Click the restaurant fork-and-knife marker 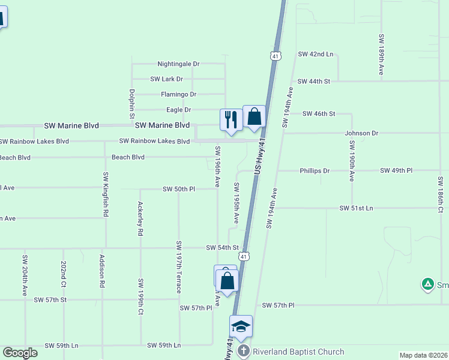point(230,119)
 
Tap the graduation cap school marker point(241,326)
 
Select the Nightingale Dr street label point(178,64)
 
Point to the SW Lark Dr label point(166,79)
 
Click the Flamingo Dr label point(178,94)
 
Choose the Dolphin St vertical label point(131,104)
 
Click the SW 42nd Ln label point(316,54)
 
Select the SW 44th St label point(314,81)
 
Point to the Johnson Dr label point(362,133)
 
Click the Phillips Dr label point(315,170)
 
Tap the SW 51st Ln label point(356,208)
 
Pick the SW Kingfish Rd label point(105,194)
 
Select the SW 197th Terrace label point(179,267)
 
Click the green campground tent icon point(427,283)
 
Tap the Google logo point(20,353)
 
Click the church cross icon point(243,352)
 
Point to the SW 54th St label point(222,247)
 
